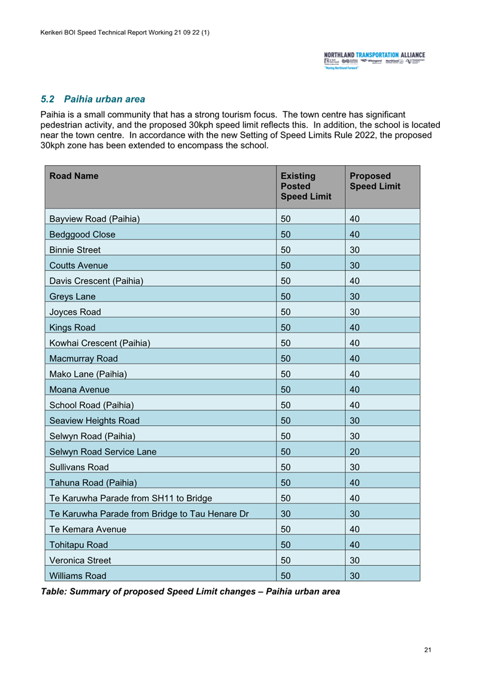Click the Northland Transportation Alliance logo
[x=374, y=62]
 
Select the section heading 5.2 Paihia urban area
[x=93, y=99]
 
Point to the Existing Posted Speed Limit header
[x=305, y=186]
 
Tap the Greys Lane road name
[x=71, y=296]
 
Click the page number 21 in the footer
[x=427, y=650]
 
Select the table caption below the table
[x=190, y=592]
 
